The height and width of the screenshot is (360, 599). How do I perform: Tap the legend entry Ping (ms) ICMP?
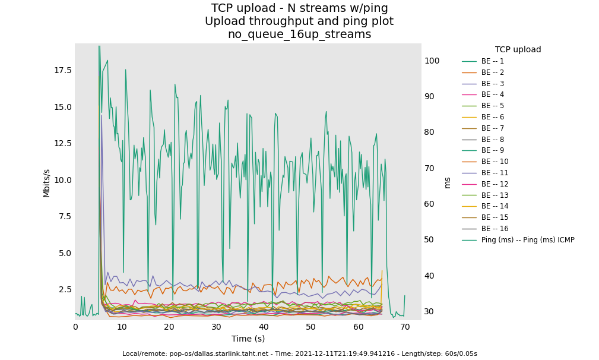[x=528, y=240]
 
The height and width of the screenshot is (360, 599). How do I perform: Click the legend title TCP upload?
[x=518, y=50]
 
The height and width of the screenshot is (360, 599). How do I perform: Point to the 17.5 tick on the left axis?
[x=62, y=70]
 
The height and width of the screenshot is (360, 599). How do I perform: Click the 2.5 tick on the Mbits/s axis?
[x=65, y=289]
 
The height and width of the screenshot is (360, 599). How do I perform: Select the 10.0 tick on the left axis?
[x=62, y=180]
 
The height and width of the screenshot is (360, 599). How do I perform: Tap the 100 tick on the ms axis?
[x=432, y=61]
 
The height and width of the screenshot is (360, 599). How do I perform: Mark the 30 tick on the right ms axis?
[x=430, y=311]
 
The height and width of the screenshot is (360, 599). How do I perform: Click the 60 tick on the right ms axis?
[x=430, y=204]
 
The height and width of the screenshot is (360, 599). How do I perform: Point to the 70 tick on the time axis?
[x=405, y=327]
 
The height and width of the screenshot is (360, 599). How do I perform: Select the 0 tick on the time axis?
[x=75, y=327]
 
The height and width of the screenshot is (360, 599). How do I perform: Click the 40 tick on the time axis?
[x=264, y=327]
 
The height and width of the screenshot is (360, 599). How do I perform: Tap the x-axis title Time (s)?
[x=248, y=339]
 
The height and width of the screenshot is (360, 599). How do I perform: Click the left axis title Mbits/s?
[x=46, y=183]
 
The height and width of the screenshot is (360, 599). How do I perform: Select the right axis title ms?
[x=448, y=183]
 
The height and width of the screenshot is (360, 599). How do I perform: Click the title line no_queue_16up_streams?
[x=299, y=34]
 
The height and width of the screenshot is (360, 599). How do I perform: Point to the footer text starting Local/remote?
[x=299, y=353]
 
